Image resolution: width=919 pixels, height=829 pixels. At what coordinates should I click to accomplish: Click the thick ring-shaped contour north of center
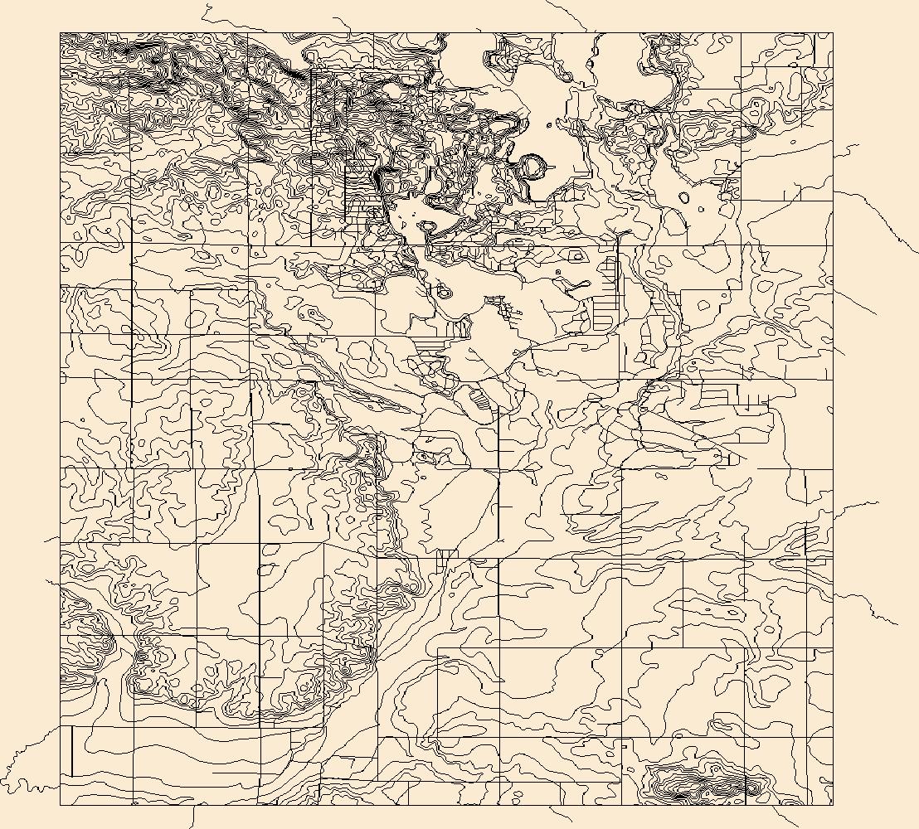[532, 167]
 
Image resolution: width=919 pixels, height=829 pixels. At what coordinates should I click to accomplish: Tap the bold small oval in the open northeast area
[683, 198]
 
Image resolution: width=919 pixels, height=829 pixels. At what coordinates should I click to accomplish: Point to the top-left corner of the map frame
[60, 33]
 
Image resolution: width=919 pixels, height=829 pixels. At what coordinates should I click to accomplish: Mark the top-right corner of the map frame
[832, 33]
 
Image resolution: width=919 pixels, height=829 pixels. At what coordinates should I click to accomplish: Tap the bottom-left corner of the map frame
[60, 804]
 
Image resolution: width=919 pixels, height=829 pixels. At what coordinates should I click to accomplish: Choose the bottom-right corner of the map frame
[832, 804]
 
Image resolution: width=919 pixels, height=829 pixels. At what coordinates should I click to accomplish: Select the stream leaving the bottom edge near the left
[192, 817]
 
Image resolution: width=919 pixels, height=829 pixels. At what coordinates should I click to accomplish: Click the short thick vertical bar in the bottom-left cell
[73, 750]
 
